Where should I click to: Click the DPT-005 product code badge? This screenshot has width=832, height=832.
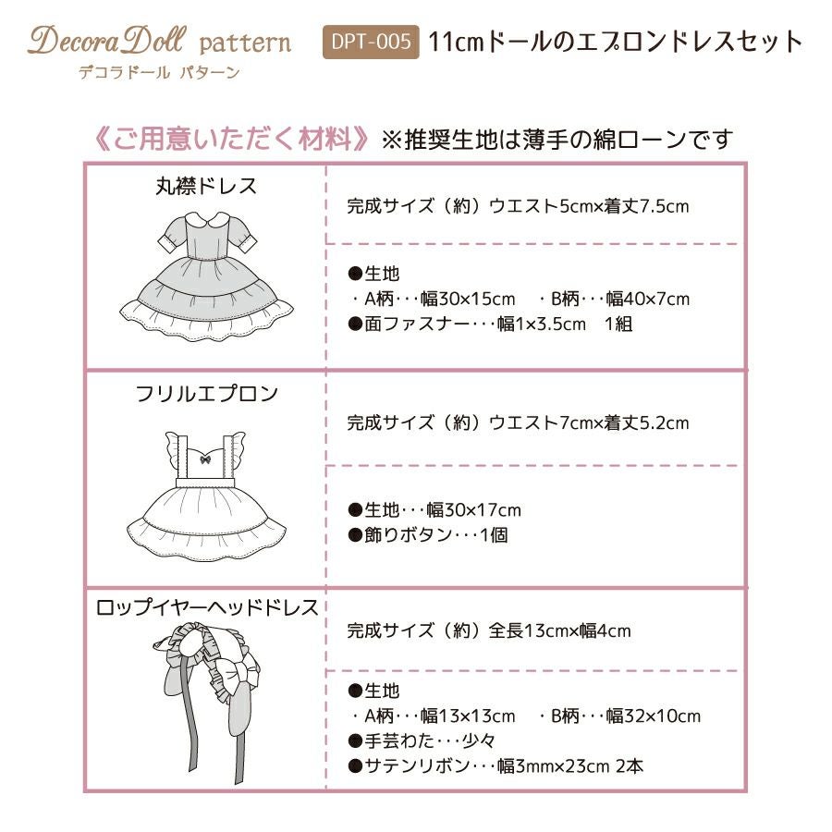[371, 42]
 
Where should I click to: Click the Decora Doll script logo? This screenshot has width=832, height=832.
[108, 41]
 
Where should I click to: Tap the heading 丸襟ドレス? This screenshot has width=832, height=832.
[206, 186]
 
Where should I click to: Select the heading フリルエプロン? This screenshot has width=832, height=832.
[206, 394]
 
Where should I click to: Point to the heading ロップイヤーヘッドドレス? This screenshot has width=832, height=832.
[206, 607]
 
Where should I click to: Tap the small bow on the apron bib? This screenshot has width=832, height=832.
[205, 459]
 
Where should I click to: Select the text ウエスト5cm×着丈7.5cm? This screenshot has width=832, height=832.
[589, 206]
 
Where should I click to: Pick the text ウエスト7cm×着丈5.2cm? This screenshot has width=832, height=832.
[589, 422]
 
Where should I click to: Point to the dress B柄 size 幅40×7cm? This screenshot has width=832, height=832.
[648, 299]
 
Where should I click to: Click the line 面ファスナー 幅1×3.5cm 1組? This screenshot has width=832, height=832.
[490, 324]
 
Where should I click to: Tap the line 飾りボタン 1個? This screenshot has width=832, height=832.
[428, 535]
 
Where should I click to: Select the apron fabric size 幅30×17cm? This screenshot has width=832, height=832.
[474, 510]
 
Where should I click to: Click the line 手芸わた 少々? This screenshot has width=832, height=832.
[422, 740]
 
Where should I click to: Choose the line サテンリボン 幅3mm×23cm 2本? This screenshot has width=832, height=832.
[496, 765]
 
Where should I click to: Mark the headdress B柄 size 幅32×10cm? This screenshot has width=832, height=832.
[654, 716]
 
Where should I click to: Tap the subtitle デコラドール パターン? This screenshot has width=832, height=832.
[159, 72]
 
